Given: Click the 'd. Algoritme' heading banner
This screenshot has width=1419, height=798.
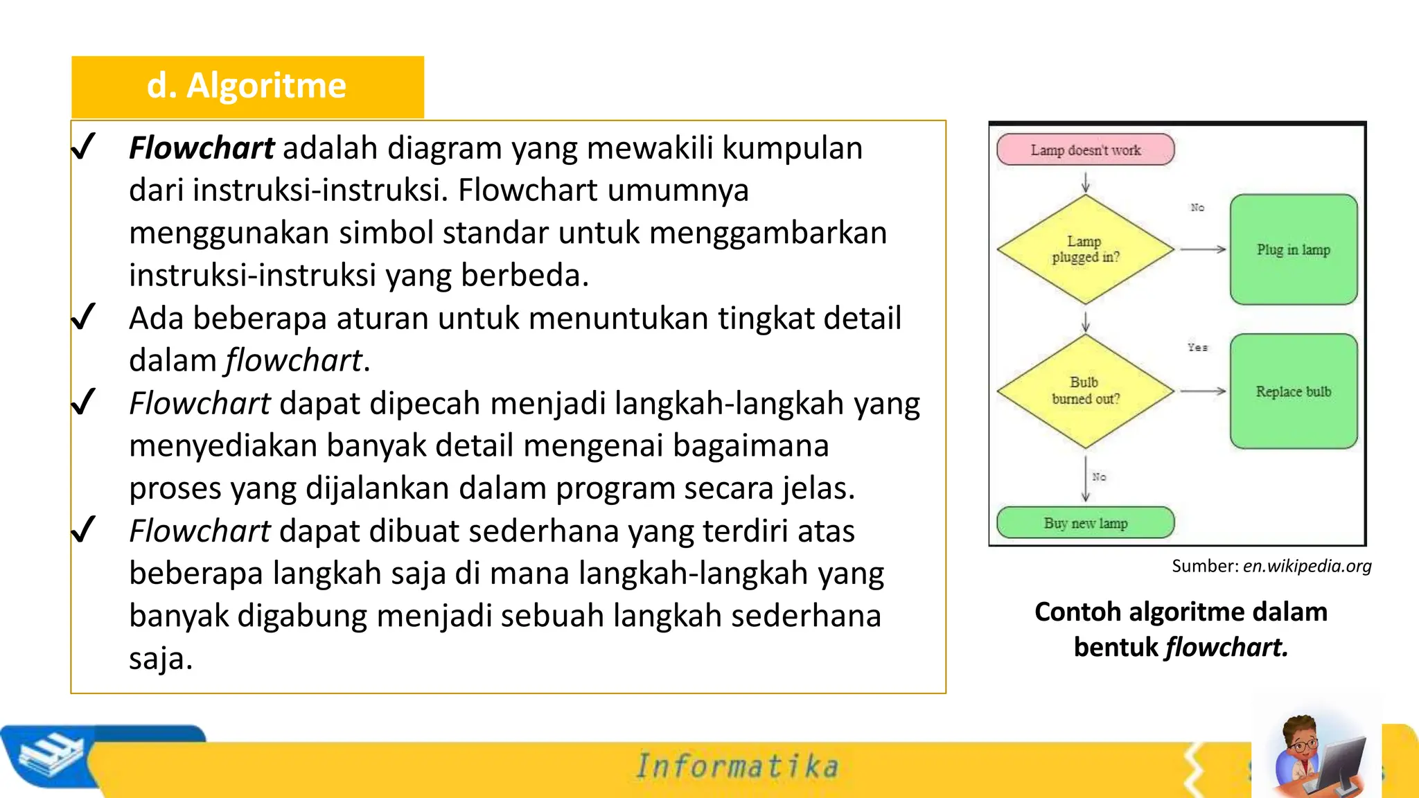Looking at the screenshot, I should pyautogui.click(x=247, y=87).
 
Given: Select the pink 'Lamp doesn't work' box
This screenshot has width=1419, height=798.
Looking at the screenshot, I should pyautogui.click(x=1085, y=150).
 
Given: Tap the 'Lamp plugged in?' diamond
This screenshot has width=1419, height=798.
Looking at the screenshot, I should pyautogui.click(x=1085, y=249).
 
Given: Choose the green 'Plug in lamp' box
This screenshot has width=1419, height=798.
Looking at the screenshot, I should pyautogui.click(x=1293, y=249).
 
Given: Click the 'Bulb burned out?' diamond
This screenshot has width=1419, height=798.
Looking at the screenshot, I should pyautogui.click(x=1085, y=391).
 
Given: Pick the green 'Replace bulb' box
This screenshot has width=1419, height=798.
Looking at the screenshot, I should pyautogui.click(x=1293, y=391).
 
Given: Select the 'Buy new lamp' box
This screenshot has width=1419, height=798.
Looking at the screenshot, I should pyautogui.click(x=1085, y=523).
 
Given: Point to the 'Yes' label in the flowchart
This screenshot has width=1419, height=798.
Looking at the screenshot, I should pyautogui.click(x=1197, y=347).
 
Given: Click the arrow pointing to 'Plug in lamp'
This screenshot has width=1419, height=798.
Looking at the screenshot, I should pyautogui.click(x=1203, y=249).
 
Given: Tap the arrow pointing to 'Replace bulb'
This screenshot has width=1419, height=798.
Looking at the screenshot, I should pyautogui.click(x=1203, y=391).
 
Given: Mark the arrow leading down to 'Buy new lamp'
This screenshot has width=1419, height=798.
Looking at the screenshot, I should pyautogui.click(x=1086, y=478).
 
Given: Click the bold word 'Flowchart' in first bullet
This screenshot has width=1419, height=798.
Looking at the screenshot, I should pyautogui.click(x=202, y=148).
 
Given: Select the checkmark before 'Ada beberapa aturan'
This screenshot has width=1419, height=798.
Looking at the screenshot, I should pyautogui.click(x=83, y=318).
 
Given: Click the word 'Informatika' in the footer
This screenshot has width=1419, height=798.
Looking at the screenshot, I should pyautogui.click(x=737, y=766).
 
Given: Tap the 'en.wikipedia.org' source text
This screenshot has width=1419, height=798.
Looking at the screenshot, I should pyautogui.click(x=1307, y=566).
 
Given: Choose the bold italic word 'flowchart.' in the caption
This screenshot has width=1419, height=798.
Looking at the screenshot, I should pyautogui.click(x=1226, y=647).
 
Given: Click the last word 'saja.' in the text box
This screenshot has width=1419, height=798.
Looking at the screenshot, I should pyautogui.click(x=161, y=659).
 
